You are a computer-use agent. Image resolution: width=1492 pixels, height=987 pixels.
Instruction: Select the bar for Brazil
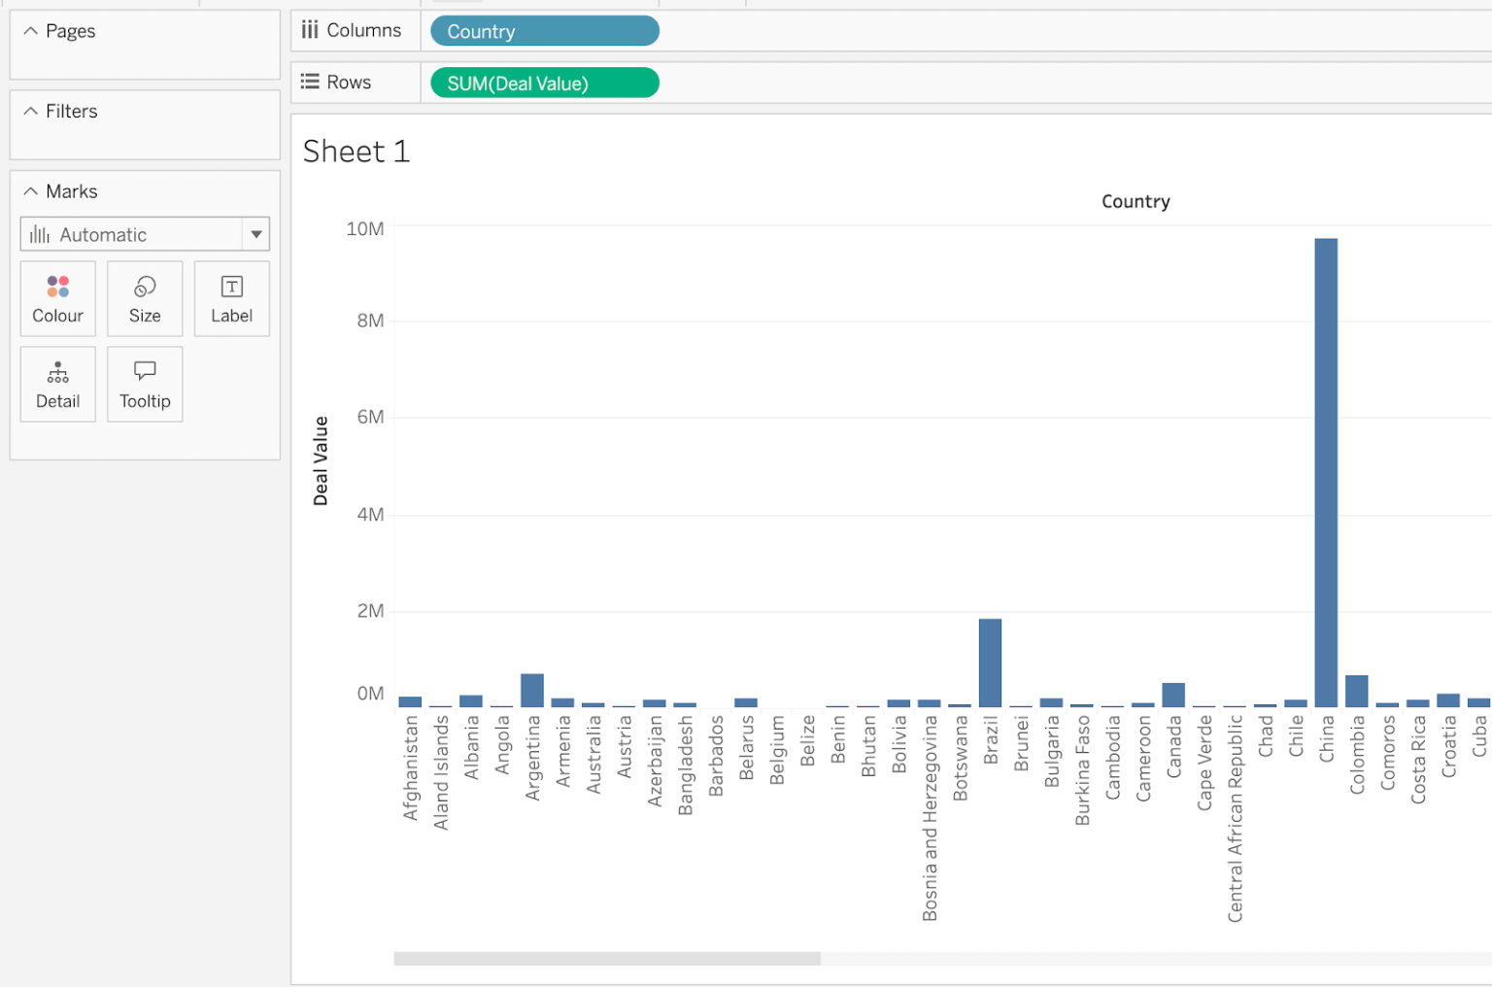click(990, 663)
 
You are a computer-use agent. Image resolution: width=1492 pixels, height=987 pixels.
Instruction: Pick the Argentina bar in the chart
click(532, 690)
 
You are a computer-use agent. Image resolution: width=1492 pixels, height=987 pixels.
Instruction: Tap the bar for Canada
click(1173, 695)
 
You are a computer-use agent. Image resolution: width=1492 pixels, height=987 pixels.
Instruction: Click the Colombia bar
click(1356, 691)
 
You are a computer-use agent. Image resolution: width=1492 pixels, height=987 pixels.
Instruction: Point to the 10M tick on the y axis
click(365, 229)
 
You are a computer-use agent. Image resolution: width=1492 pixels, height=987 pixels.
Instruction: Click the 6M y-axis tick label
click(370, 418)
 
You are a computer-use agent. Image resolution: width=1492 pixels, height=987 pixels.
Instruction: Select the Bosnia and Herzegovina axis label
click(930, 818)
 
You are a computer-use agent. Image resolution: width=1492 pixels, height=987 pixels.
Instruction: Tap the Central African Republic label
click(1235, 818)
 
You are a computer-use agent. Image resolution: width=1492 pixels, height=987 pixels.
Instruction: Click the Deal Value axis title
click(321, 460)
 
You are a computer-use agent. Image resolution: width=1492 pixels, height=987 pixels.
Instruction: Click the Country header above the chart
click(1136, 202)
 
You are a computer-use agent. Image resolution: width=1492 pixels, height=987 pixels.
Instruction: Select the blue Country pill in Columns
click(544, 31)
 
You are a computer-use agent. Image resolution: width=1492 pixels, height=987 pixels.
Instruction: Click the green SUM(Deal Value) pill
click(544, 84)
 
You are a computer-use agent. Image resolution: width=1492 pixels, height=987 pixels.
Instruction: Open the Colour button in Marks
click(58, 299)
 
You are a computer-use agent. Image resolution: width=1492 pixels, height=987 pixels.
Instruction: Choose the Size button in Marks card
click(145, 299)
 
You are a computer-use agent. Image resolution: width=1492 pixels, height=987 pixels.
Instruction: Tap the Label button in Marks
click(231, 299)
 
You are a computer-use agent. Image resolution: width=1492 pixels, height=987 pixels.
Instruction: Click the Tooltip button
click(145, 385)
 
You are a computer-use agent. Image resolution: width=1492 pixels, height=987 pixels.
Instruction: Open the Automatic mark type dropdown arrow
click(256, 234)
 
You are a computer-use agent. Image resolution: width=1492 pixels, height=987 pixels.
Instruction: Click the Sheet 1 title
click(356, 152)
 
